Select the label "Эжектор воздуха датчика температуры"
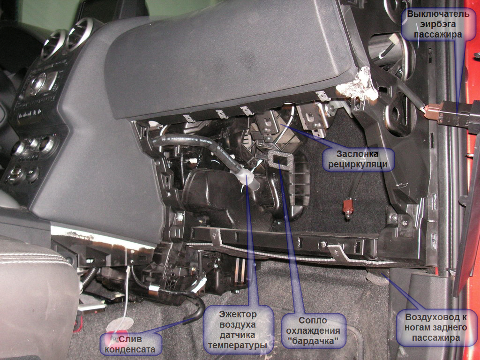click(x=238, y=330)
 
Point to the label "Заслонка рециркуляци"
click(x=358, y=159)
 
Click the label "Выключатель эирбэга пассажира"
click(x=438, y=24)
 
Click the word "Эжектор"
click(x=238, y=315)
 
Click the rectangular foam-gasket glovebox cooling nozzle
click(x=280, y=160)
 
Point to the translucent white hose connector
click(x=247, y=180)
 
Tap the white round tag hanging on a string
click(x=120, y=324)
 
